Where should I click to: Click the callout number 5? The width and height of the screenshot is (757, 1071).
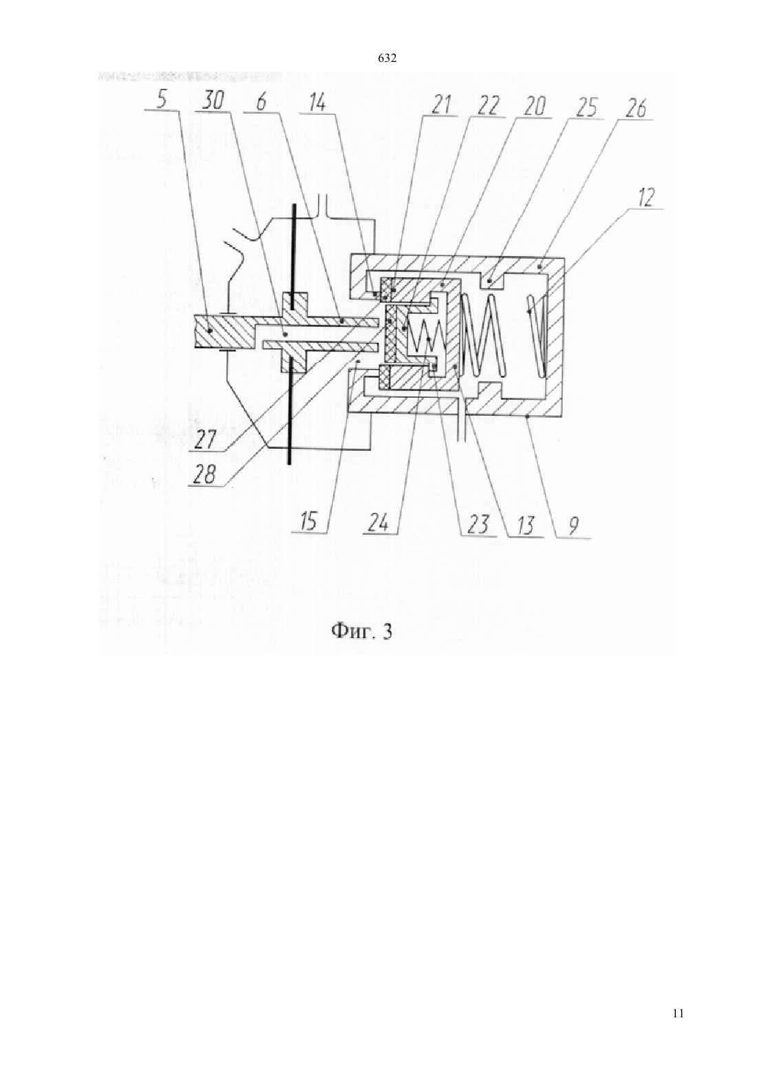(162, 101)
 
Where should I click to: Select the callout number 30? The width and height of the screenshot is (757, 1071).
(213, 101)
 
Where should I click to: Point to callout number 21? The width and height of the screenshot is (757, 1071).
(440, 105)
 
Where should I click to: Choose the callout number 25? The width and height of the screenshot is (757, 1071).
(586, 108)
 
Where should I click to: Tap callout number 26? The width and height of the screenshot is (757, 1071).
(635, 109)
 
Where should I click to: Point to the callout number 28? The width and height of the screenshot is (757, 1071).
(206, 476)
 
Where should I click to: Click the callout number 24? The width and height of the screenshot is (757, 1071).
(381, 524)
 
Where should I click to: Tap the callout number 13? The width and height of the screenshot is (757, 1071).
(523, 527)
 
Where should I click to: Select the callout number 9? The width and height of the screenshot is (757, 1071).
(573, 529)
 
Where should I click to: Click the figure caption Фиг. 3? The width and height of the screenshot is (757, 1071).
(362, 632)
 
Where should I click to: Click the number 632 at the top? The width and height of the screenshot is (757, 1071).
(387, 59)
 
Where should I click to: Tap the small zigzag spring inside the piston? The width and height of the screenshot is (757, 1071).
(427, 337)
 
